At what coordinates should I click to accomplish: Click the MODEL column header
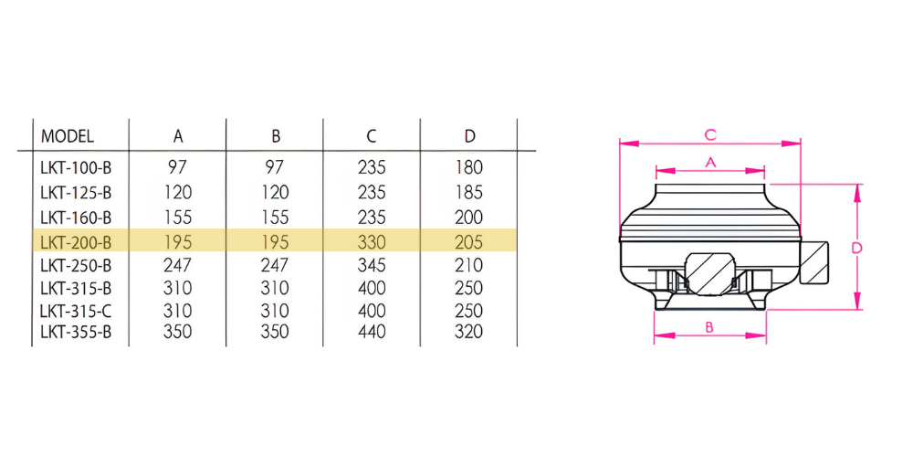(x=67, y=136)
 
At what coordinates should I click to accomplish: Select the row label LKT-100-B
(x=76, y=168)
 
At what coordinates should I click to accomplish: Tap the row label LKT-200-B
(x=76, y=240)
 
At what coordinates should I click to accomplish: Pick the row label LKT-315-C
(x=76, y=310)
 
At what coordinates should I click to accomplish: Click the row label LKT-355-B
(x=76, y=332)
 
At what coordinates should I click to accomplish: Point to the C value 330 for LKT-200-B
(x=373, y=240)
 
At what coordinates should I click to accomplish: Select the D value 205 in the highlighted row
(x=469, y=240)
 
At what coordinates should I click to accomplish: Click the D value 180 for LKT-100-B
(x=469, y=168)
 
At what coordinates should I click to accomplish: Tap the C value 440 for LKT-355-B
(x=373, y=332)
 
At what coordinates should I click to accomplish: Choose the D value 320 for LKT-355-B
(x=469, y=332)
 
